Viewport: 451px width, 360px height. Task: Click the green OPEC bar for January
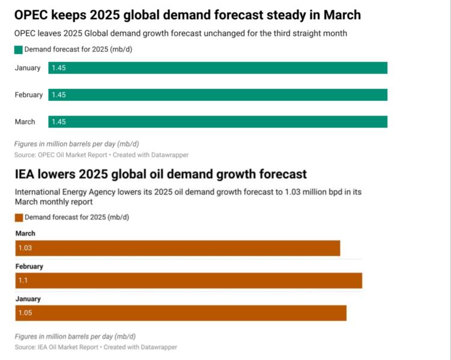point(217,68)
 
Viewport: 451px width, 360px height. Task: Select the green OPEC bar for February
point(217,95)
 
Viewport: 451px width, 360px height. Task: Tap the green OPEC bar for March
point(217,122)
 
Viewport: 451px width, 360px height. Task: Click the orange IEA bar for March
point(178,248)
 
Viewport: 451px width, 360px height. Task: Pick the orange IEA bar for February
point(189,281)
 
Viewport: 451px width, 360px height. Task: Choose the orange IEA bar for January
point(181,313)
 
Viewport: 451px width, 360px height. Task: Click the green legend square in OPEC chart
point(18,49)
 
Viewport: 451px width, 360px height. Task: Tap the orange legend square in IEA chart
point(19,217)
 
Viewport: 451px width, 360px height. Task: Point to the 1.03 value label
point(26,248)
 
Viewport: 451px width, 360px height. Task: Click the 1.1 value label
point(23,281)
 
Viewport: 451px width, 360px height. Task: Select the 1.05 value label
point(26,313)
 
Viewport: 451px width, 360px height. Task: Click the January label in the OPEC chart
point(28,68)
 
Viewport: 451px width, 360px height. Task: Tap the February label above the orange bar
point(29,266)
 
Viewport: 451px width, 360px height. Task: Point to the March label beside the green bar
point(25,122)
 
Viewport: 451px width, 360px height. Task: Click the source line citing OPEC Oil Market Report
point(101,155)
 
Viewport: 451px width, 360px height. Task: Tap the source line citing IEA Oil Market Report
point(95,347)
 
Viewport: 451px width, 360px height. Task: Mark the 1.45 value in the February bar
point(58,95)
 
